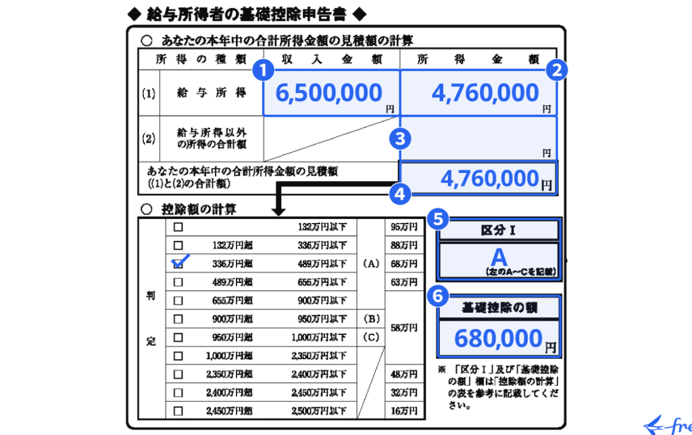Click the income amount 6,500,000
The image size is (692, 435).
[329, 93]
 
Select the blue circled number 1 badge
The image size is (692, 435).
[264, 70]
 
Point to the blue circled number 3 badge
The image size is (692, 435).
[400, 139]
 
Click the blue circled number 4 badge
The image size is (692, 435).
[400, 193]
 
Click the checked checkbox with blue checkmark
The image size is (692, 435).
[179, 263]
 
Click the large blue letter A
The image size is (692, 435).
[499, 257]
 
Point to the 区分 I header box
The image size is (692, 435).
[499, 230]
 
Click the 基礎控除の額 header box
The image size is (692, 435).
[499, 308]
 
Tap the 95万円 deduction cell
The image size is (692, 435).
[404, 226]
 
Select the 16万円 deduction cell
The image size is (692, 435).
[404, 411]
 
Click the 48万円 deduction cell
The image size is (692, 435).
[404, 374]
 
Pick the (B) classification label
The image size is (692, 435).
[371, 318]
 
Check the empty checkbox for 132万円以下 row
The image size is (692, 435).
[178, 226]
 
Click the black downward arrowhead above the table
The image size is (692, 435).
[278, 211]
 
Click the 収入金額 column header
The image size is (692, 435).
[331, 59]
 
